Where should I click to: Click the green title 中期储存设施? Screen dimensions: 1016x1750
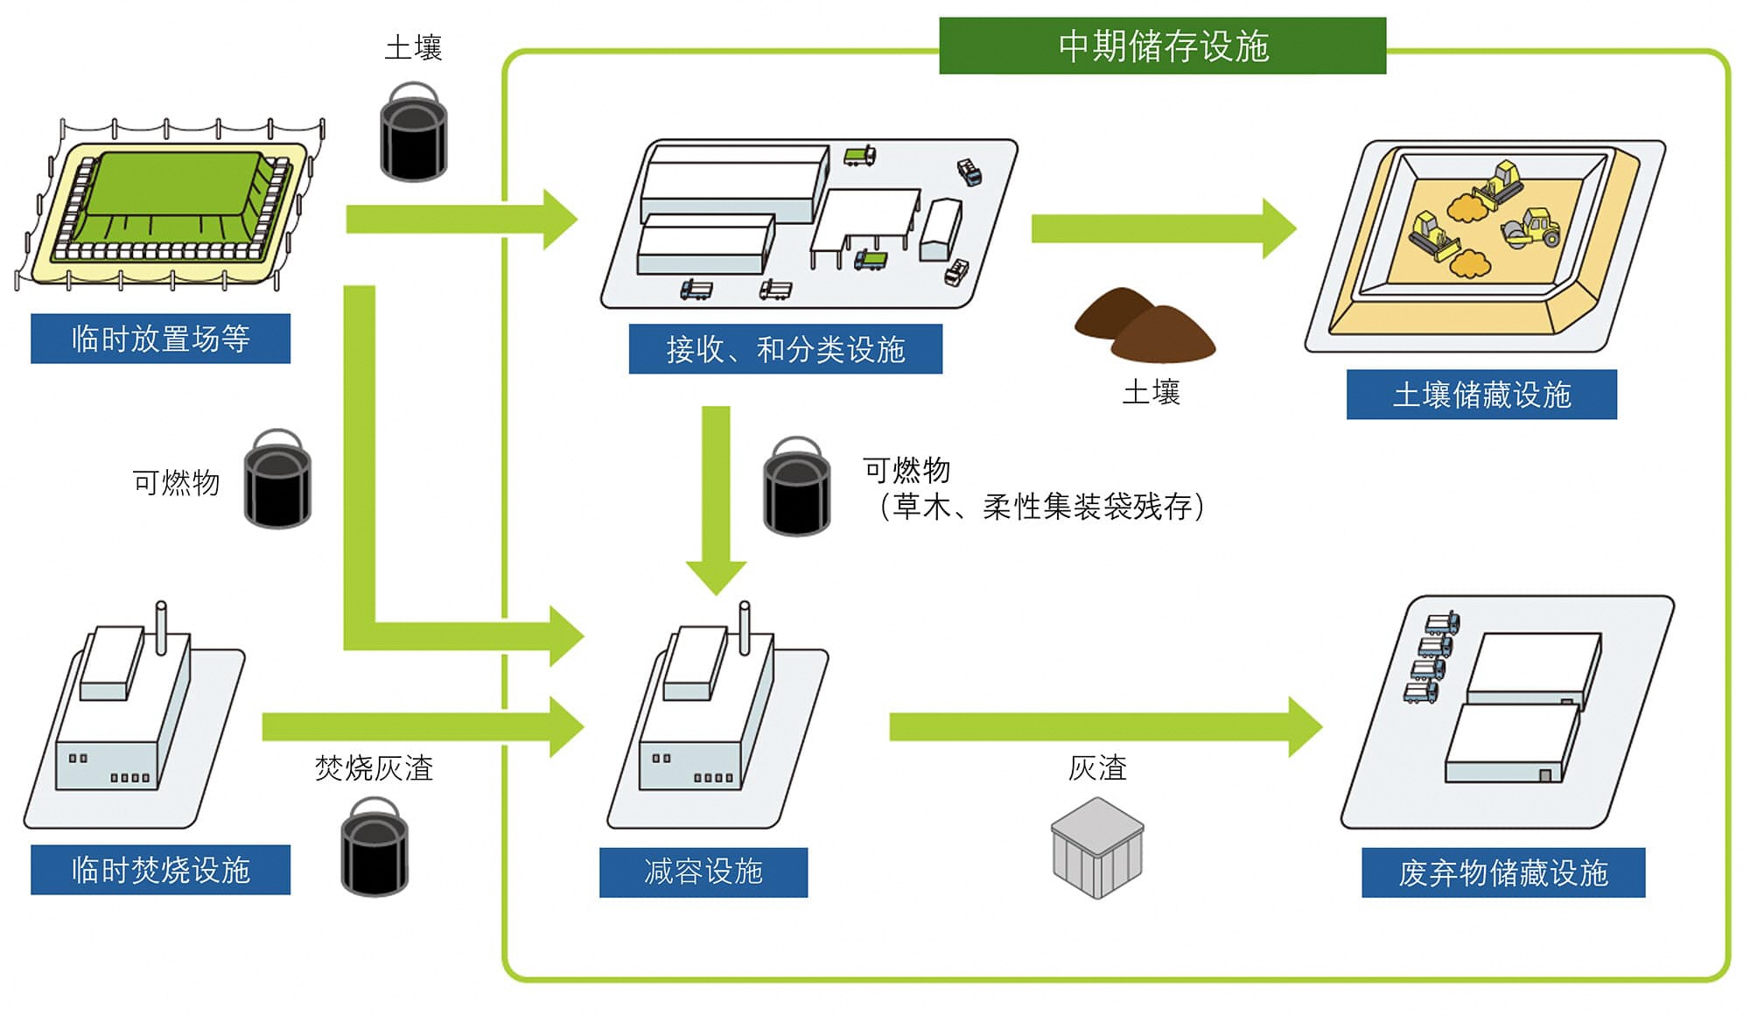[x=1162, y=46]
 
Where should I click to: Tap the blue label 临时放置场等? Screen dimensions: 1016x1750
[x=160, y=339]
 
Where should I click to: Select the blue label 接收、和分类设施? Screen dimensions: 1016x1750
[x=785, y=349]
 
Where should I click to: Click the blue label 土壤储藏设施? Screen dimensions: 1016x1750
[x=1480, y=395]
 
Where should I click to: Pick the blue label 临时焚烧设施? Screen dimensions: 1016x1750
[x=160, y=870]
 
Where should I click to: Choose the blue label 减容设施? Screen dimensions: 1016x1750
[x=703, y=872]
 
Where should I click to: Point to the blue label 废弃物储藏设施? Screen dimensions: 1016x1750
[x=1502, y=872]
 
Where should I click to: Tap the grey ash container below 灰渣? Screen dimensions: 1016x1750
[x=1097, y=847]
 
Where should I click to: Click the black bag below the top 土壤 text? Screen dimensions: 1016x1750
[x=414, y=133]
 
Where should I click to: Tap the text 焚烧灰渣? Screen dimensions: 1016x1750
[x=374, y=768]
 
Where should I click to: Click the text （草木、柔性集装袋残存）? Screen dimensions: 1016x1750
[x=1041, y=507]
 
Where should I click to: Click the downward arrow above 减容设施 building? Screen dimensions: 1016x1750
[x=716, y=499]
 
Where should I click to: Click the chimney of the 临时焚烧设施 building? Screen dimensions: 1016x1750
[x=161, y=627]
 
